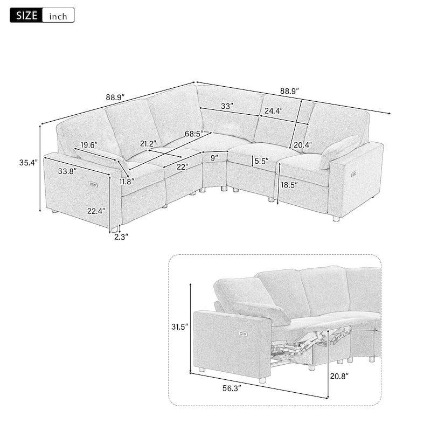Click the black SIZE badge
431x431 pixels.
pos(25,15)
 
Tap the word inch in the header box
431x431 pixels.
pos(58,16)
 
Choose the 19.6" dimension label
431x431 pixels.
pos(89,144)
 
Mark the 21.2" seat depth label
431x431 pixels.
pos(147,143)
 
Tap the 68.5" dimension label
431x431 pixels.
pos(196,133)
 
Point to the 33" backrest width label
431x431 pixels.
pos(226,107)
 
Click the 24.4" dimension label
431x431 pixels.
pos(273,111)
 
